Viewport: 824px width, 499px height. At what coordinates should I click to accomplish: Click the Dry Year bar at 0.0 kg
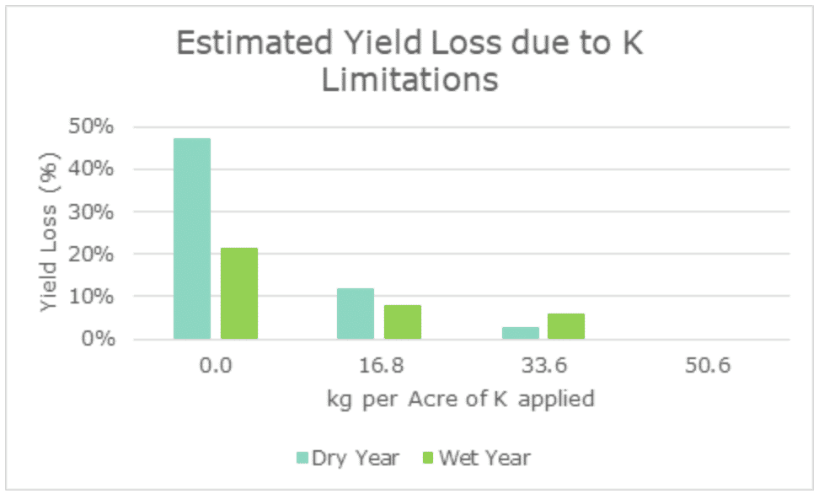point(192,239)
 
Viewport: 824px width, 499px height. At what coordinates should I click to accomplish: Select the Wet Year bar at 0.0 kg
point(239,293)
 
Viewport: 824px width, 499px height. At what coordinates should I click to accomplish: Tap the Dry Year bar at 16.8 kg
point(356,314)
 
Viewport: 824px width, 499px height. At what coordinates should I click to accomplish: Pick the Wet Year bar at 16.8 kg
point(403,322)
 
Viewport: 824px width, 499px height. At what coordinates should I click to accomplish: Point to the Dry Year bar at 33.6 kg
point(520,333)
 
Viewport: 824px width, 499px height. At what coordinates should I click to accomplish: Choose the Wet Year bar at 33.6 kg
point(566,326)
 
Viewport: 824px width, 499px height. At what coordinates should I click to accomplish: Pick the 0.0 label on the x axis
point(215,367)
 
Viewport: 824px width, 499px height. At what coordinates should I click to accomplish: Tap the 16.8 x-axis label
point(379,367)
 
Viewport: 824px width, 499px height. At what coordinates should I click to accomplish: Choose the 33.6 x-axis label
point(543,367)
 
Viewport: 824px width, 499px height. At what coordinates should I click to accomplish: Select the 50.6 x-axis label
point(708,367)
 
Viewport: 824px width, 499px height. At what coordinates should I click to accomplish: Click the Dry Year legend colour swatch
point(302,459)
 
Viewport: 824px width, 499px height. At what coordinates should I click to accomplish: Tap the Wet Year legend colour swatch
point(427,459)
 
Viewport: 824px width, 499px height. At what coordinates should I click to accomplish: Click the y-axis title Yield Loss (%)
point(50,233)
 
